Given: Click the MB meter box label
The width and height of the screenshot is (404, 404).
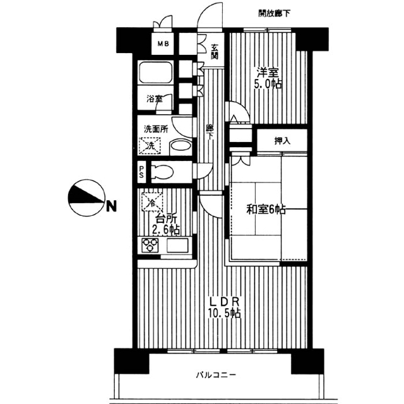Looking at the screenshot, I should [x=163, y=44].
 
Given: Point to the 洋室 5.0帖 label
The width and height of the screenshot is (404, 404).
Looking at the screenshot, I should [x=268, y=78].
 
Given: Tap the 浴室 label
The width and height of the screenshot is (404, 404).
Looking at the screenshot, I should [x=154, y=99].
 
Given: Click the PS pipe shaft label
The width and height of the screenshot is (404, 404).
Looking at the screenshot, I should [x=142, y=172].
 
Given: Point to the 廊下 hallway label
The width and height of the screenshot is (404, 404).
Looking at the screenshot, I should [x=210, y=131].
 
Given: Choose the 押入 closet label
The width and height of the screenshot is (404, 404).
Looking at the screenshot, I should [x=282, y=141].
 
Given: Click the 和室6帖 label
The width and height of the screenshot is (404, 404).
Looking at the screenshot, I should [x=265, y=209].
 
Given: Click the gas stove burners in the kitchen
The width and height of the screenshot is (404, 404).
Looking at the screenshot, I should [x=152, y=245].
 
